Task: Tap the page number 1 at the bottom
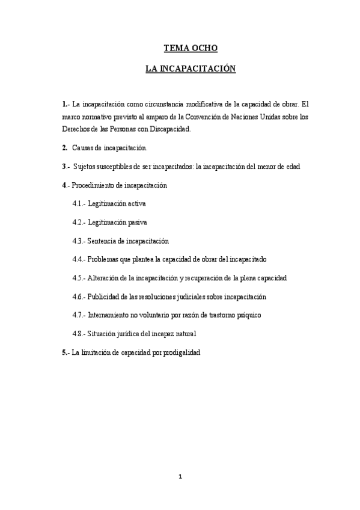coord(180,477)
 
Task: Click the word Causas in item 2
coord(84,147)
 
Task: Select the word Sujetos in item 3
coord(86,166)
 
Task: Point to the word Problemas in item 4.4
coord(104,260)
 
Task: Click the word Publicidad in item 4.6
coord(105,297)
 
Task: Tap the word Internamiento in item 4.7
coord(110,315)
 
